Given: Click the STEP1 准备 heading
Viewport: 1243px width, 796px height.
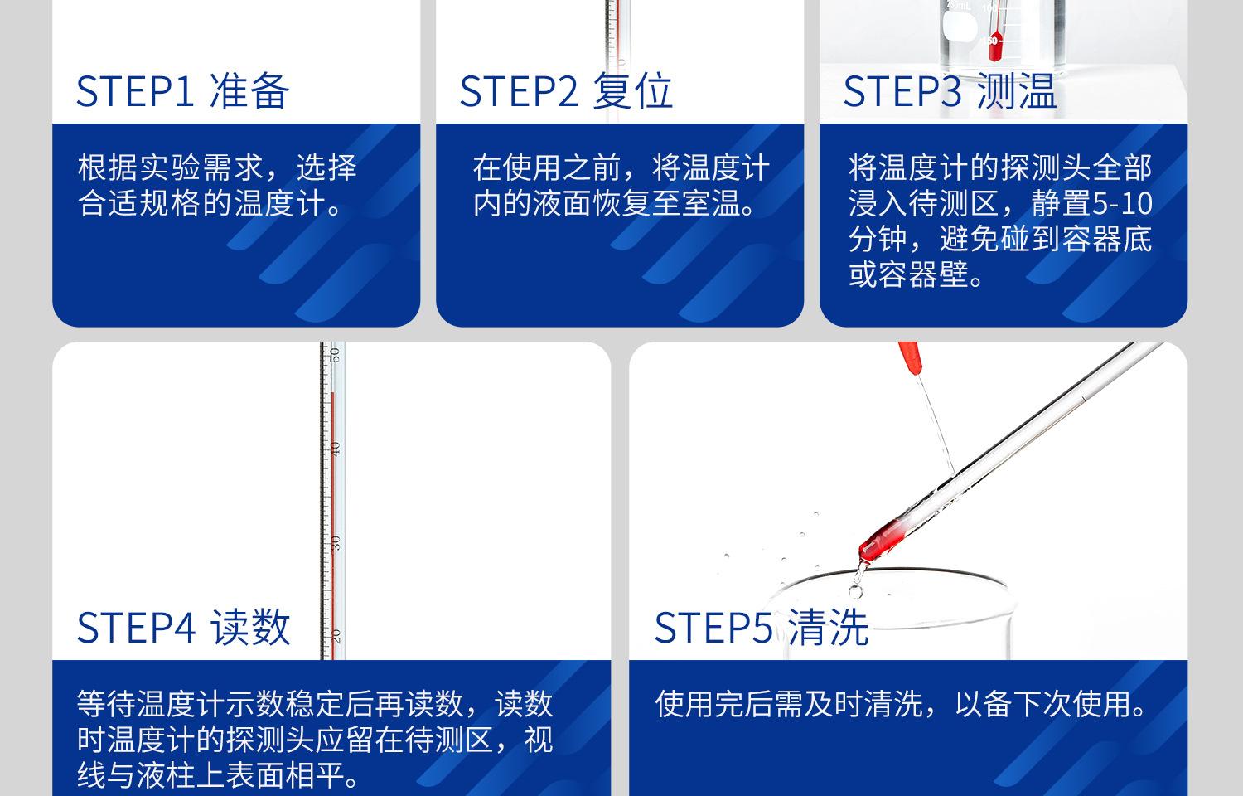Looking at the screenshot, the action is [x=182, y=91].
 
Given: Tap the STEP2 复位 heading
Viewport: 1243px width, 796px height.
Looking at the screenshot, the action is [x=566, y=91].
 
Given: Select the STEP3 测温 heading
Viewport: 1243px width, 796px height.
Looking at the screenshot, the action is [x=950, y=91].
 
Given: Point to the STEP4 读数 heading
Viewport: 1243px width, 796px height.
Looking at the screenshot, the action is [x=184, y=628].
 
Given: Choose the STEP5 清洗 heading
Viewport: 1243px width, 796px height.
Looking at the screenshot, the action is [x=762, y=628].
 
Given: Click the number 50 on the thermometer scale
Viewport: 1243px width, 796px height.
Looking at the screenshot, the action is [x=334, y=354].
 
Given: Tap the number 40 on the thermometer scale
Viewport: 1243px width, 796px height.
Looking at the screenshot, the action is [x=334, y=449].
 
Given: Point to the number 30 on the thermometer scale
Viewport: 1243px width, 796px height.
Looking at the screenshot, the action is [x=334, y=542].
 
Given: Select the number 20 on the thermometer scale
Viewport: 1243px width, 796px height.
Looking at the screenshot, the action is [x=335, y=636].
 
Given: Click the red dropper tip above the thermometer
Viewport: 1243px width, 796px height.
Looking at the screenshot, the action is [x=910, y=357].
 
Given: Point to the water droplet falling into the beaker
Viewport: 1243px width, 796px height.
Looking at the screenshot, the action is [x=856, y=592].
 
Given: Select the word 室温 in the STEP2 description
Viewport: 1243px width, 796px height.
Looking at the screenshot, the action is [x=712, y=203].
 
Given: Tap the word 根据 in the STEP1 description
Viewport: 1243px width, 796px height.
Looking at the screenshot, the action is [x=107, y=167].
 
